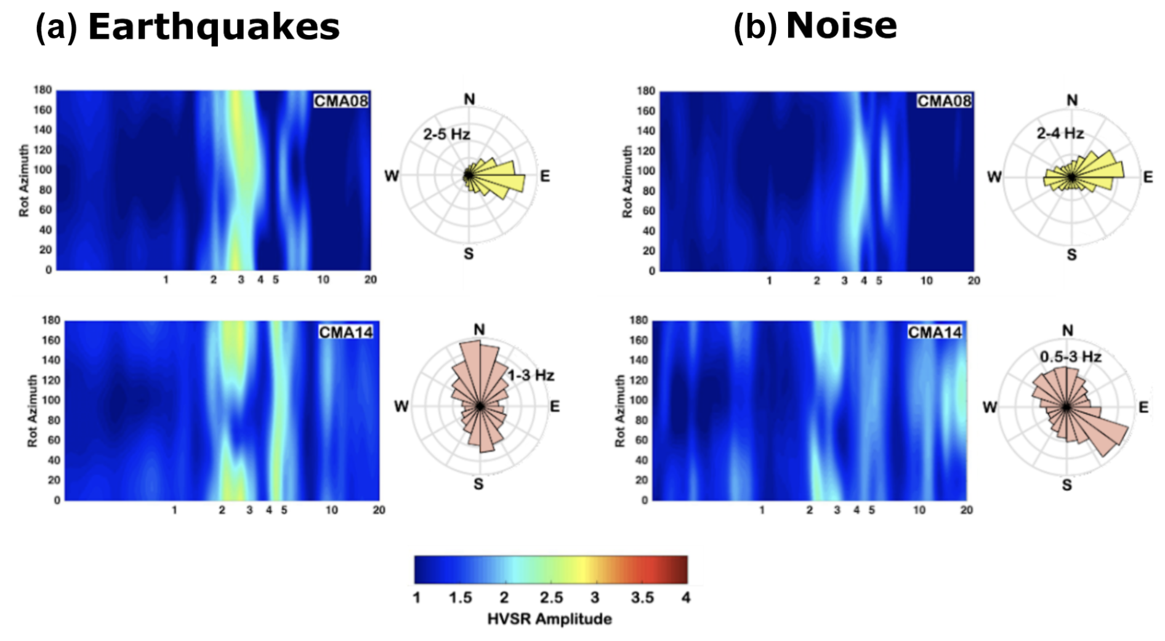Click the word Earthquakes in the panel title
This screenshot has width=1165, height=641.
tap(214, 27)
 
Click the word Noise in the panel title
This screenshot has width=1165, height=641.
tap(841, 26)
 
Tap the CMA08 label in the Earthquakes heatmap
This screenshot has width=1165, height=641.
tap(341, 101)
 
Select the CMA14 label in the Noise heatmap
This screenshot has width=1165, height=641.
tap(935, 333)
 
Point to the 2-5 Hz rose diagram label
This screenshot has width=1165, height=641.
tap(446, 134)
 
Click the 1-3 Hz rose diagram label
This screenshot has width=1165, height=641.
tap(531, 375)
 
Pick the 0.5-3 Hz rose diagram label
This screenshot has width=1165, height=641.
tap(1071, 357)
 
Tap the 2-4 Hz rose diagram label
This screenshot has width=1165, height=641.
tap(1060, 133)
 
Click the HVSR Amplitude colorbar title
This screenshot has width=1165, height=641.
tap(549, 619)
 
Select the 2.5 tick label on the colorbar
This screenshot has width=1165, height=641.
tap(551, 597)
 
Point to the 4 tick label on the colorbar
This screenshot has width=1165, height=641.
tap(686, 597)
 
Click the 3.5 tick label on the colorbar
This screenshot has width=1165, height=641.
tap(642, 597)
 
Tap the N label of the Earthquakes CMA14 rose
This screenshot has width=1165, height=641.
tap(479, 330)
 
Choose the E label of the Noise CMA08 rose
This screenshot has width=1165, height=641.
tap(1148, 177)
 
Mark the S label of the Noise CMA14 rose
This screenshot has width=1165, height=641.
tap(1067, 485)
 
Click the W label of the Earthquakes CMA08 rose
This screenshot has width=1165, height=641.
tap(392, 177)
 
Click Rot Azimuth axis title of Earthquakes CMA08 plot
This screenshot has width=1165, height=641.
tap(24, 180)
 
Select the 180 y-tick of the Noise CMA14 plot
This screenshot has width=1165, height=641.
tap(638, 320)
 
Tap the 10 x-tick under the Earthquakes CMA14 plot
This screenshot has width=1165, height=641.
tap(331, 510)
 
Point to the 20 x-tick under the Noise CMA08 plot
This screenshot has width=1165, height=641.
tap(973, 281)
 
